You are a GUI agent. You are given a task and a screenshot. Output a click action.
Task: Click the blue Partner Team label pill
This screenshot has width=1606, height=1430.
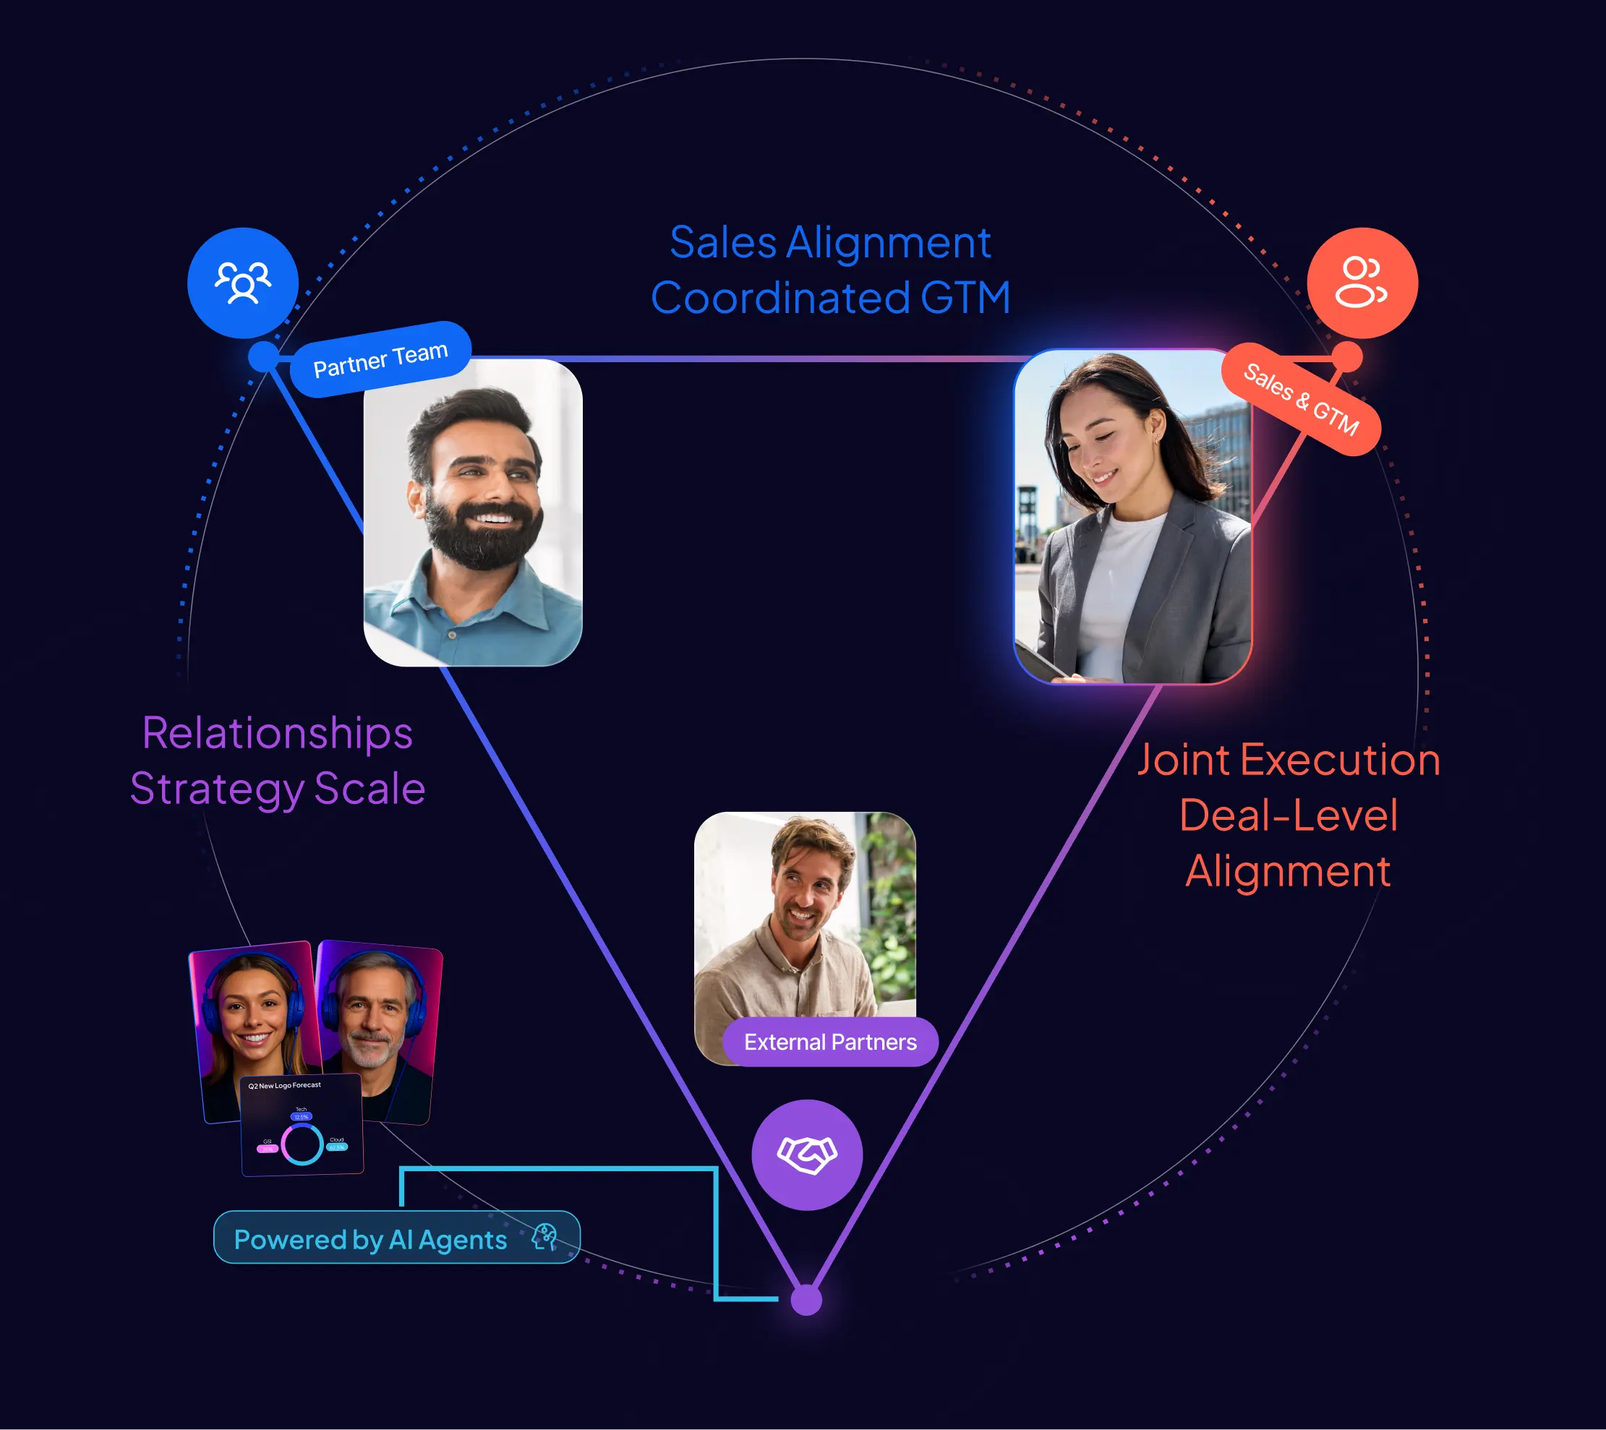point(380,360)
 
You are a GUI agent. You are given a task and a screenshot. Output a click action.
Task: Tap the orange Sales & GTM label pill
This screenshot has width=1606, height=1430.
point(1300,399)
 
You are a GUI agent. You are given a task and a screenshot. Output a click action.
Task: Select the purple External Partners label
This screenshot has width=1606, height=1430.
point(829,1042)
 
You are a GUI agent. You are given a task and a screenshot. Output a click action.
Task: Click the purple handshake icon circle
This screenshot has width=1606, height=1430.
point(807,1155)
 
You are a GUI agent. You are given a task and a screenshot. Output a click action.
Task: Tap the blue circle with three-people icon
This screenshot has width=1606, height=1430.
point(243,283)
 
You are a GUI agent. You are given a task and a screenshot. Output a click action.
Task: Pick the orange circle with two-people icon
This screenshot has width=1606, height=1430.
point(1362,283)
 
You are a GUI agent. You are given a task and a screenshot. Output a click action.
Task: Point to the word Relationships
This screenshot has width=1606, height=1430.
point(278,733)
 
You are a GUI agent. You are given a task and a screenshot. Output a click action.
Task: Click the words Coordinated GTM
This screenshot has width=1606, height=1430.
point(831,298)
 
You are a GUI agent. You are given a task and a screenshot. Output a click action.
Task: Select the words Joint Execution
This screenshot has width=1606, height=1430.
point(1288,760)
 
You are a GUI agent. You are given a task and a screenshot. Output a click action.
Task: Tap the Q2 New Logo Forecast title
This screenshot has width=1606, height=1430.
point(284,1086)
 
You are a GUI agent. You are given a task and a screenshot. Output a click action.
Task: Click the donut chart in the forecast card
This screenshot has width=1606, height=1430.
point(302,1144)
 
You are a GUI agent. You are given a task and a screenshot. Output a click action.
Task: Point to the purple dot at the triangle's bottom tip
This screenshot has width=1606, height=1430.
point(806,1300)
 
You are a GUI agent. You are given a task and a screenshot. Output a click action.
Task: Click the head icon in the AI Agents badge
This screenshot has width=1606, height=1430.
point(544,1237)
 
